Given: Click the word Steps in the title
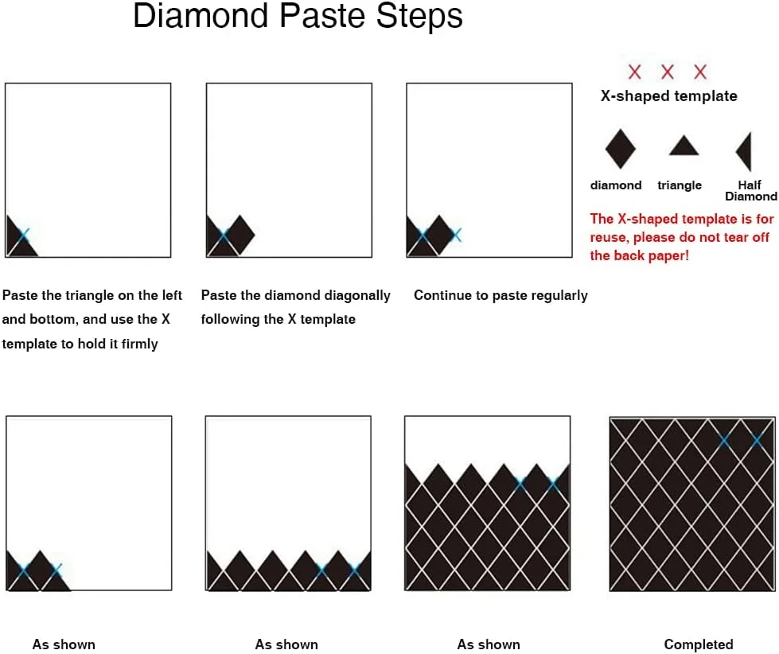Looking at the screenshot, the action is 419,16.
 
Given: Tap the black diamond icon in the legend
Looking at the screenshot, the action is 621,149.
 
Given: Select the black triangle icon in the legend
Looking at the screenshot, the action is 684,146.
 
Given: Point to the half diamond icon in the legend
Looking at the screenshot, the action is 745,151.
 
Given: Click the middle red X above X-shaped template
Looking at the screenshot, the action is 668,72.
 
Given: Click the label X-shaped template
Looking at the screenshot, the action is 668,95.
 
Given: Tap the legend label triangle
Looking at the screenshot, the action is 680,185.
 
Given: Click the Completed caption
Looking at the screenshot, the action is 699,644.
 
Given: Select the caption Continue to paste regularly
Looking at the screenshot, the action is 501,295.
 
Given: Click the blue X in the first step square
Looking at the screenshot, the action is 23,235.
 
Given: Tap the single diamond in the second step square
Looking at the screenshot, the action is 240,235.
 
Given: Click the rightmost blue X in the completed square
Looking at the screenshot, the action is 758,441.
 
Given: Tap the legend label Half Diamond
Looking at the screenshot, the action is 750,191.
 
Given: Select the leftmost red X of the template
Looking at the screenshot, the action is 634,72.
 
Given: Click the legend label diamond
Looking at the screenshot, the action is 616,185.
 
